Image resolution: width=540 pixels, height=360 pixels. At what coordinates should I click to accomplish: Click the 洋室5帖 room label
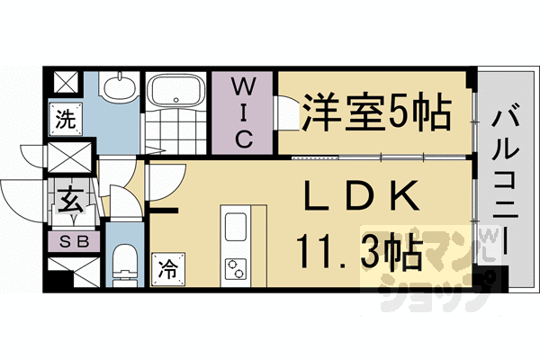point(376,112)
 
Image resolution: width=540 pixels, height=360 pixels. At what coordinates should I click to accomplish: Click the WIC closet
point(243,112)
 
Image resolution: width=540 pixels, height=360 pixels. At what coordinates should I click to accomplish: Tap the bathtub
point(175,92)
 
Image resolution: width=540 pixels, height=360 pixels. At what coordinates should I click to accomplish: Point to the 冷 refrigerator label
point(166,267)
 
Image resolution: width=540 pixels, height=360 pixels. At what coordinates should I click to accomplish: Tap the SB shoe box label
point(69,240)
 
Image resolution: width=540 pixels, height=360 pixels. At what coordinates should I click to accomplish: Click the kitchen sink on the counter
point(236,225)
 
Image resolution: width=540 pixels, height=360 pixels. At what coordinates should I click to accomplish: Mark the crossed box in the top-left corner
point(66,83)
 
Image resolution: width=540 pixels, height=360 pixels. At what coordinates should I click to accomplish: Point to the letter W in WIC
point(243,87)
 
